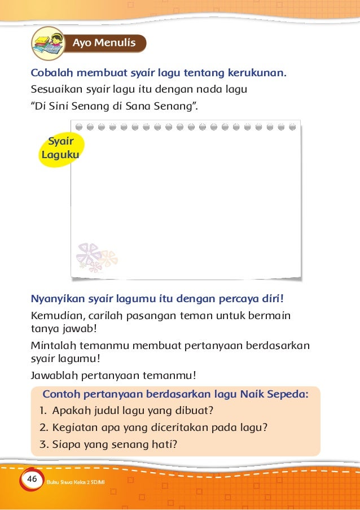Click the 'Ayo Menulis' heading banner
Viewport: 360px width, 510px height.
coord(104,43)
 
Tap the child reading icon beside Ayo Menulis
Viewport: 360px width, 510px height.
coord(47,42)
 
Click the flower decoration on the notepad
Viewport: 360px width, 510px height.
coord(96,258)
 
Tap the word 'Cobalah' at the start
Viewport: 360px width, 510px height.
coord(50,73)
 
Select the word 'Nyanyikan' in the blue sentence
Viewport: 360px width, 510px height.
coord(55,298)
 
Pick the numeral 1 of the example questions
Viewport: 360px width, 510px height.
coord(43,411)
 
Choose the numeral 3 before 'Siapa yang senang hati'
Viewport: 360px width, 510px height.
coord(43,444)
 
